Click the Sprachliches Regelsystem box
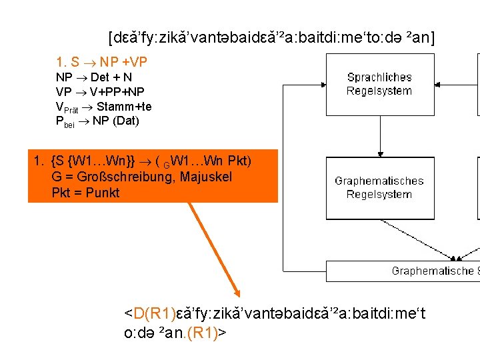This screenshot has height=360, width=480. [379, 84]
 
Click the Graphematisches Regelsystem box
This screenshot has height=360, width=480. [379, 187]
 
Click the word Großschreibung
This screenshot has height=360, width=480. [121, 177]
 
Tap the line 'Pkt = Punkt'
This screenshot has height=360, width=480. [85, 193]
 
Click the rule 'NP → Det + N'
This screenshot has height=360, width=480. [94, 77]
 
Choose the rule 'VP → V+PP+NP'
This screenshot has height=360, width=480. [100, 91]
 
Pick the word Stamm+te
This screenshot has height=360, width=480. [124, 106]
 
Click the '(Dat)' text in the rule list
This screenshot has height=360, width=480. [125, 121]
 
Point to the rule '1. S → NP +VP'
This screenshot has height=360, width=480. [102, 62]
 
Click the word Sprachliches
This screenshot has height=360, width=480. [379, 77]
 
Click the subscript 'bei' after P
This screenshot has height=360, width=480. [69, 123]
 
